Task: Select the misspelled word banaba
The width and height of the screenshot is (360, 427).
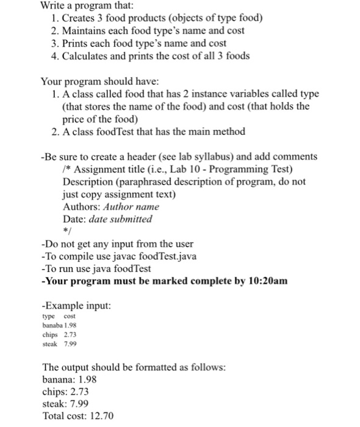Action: tap(52, 326)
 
